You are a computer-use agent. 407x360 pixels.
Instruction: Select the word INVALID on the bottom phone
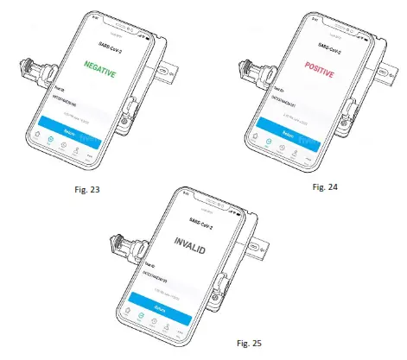[199, 238]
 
